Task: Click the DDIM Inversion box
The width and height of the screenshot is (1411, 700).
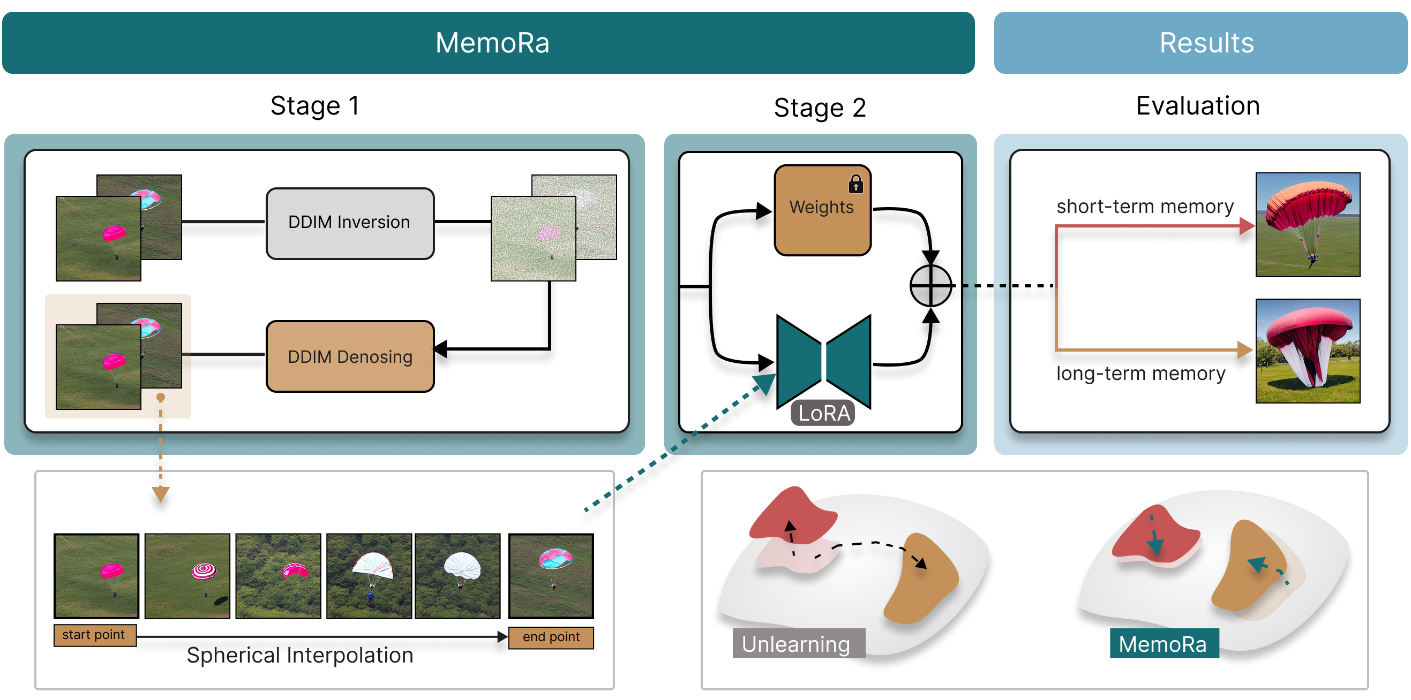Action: point(349,223)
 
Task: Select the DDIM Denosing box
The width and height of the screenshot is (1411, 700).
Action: point(349,356)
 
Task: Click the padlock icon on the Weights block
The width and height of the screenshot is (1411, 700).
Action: point(855,185)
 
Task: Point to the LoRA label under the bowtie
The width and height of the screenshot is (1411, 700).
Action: point(823,413)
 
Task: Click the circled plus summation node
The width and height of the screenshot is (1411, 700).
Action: point(930,286)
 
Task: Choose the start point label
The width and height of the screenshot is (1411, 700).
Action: point(94,635)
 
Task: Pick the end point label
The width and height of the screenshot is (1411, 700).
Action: point(551,637)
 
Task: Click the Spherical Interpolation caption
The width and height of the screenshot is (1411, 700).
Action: point(299,655)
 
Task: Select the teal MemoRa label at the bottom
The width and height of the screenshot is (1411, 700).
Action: point(1164,644)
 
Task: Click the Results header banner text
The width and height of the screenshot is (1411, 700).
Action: point(1206,43)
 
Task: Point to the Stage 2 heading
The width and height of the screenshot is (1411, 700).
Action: point(820,108)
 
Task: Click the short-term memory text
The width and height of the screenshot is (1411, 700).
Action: point(1144,207)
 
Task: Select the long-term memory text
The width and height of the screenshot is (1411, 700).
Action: point(1140,373)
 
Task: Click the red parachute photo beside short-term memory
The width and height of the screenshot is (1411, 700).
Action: point(1308,225)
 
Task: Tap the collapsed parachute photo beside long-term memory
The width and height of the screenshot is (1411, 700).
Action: point(1308,351)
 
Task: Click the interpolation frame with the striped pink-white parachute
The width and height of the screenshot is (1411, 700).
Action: point(187,576)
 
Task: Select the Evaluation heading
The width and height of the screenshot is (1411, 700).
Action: point(1197,105)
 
